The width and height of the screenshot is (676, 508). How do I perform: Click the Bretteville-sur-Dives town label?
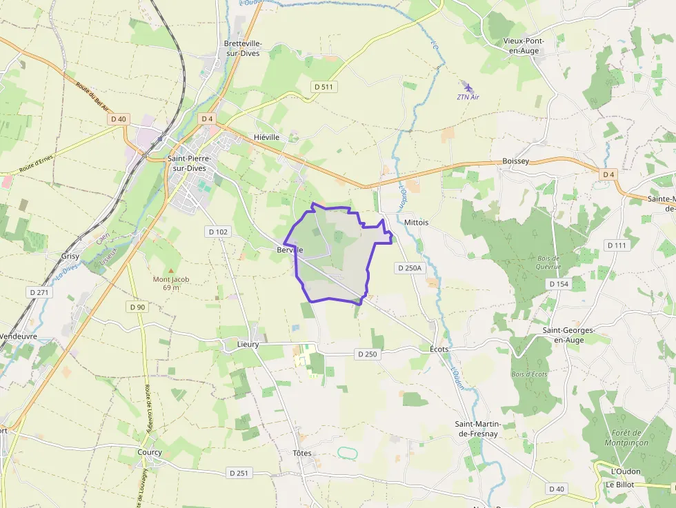click(x=242, y=48)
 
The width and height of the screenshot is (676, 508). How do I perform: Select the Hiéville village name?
click(x=266, y=137)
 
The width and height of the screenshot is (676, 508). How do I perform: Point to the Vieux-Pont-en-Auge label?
click(x=524, y=45)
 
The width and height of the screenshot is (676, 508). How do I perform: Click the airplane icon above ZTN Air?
click(x=469, y=88)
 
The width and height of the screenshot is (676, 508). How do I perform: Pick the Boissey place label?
click(x=515, y=161)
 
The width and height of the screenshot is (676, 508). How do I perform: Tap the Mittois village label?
click(x=416, y=223)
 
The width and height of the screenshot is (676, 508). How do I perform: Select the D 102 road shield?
click(x=217, y=232)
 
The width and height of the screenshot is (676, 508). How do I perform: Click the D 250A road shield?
click(x=408, y=267)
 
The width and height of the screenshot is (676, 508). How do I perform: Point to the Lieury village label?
click(x=248, y=343)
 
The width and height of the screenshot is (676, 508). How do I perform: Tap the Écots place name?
click(x=439, y=349)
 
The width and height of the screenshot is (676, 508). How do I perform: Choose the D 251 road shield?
click(x=238, y=473)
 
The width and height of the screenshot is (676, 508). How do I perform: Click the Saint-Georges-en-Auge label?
click(x=568, y=335)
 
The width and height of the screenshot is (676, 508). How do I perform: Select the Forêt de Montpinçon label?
click(x=626, y=438)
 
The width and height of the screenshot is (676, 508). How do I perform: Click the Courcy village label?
click(x=150, y=453)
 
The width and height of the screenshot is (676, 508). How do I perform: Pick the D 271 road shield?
click(x=39, y=292)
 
